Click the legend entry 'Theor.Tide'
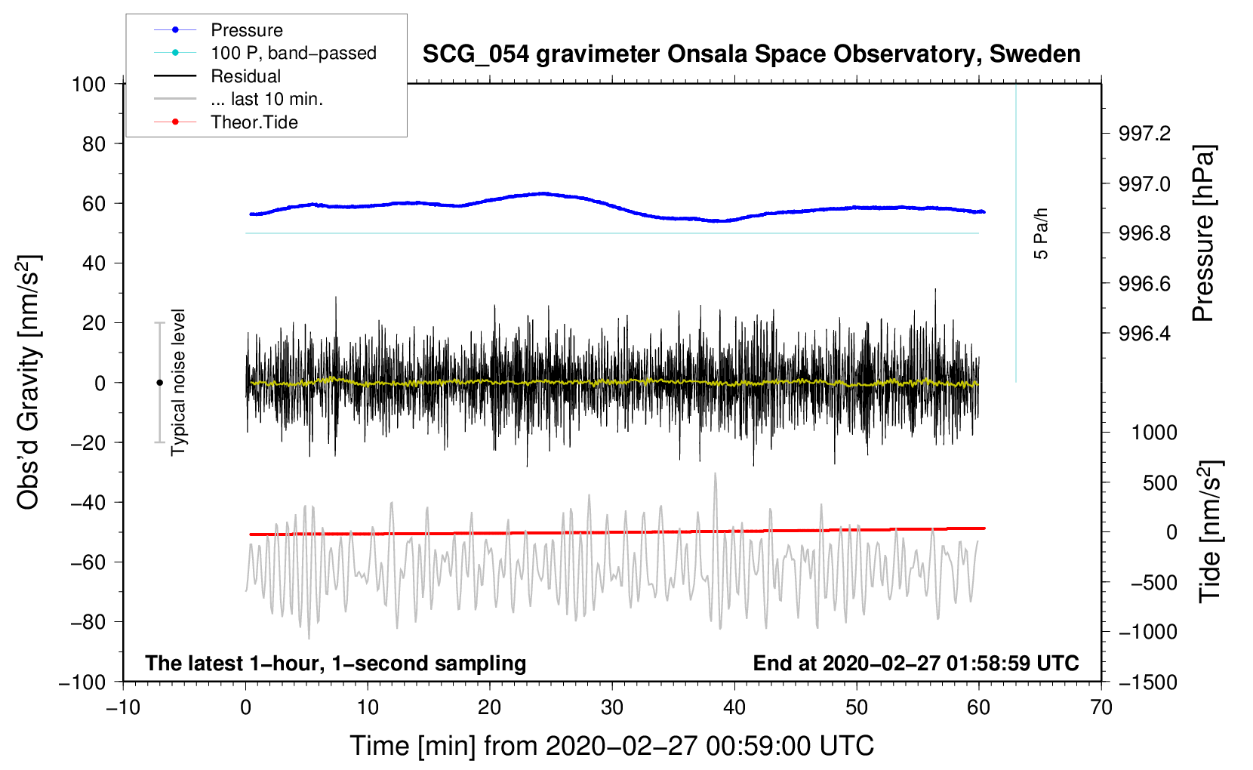pyautogui.click(x=254, y=122)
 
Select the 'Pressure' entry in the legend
pyautogui.click(x=247, y=29)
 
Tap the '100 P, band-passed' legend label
pyautogui.click(x=294, y=53)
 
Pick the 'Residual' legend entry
pyautogui.click(x=245, y=76)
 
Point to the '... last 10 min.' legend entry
pyautogui.click(x=266, y=99)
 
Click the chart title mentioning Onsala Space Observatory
pyautogui.click(x=751, y=54)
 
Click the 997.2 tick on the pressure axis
pyautogui.click(x=1144, y=134)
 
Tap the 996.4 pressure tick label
pyautogui.click(x=1144, y=334)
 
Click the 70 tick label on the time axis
pyautogui.click(x=1101, y=707)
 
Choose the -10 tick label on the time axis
pyautogui.click(x=123, y=707)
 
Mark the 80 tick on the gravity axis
pyautogui.click(x=94, y=144)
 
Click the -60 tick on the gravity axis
pyautogui.click(x=88, y=562)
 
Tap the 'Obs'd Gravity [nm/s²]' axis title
pyautogui.click(x=28, y=382)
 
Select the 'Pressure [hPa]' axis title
pyautogui.click(x=1203, y=233)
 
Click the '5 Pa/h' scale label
pyautogui.click(x=1040, y=234)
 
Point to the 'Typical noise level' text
pyautogui.click(x=178, y=382)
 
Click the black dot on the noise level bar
pyautogui.click(x=159, y=383)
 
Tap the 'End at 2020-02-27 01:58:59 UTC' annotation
pyautogui.click(x=916, y=663)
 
